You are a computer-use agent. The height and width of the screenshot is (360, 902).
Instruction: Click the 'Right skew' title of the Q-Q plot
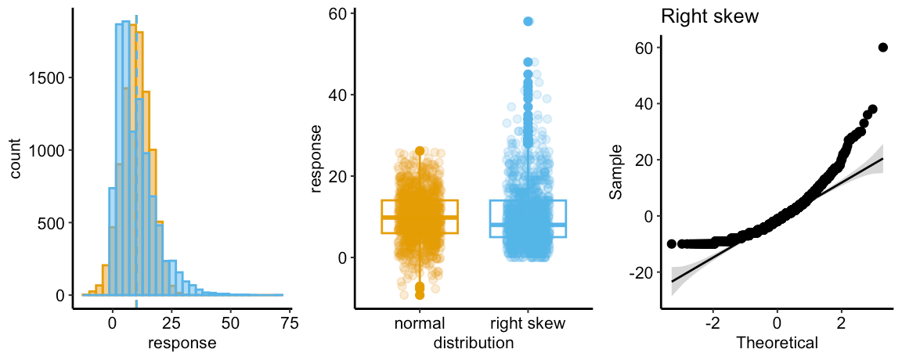710,16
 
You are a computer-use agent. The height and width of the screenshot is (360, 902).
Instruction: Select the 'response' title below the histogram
182,342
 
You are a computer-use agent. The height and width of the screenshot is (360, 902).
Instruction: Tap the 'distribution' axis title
473,342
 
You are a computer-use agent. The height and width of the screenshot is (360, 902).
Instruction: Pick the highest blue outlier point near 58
528,22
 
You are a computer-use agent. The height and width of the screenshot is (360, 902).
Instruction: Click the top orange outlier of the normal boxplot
420,150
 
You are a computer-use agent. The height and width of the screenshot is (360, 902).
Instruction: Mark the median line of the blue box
528,225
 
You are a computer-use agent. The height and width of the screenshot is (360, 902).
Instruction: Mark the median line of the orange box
420,217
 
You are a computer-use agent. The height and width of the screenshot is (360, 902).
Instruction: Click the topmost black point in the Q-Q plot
883,47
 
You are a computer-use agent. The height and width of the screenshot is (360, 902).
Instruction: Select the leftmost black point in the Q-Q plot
671,244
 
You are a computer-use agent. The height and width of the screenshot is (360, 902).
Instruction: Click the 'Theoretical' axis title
777,342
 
